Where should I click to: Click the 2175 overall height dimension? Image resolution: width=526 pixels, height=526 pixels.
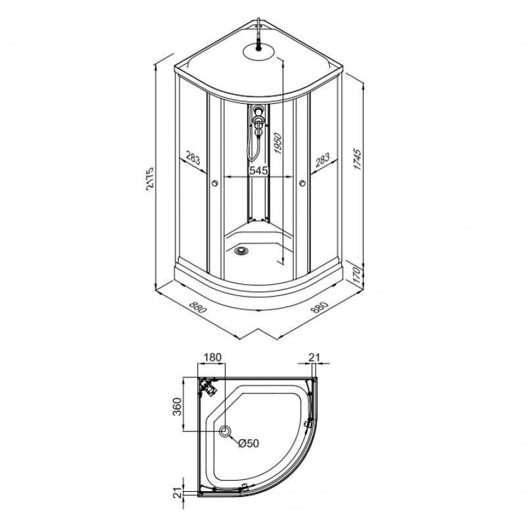coord(151,178)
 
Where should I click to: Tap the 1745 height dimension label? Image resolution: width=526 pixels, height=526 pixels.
coord(358,159)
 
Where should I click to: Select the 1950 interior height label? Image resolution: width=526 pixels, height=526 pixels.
coord(277,143)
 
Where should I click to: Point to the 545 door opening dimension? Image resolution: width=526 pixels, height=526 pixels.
coord(258,170)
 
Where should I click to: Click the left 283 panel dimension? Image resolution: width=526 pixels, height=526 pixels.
coord(193,158)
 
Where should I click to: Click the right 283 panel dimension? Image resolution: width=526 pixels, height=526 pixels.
coord(323,160)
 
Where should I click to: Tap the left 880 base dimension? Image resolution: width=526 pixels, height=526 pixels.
coord(198,307)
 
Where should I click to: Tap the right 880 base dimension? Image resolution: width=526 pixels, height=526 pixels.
coord(320,307)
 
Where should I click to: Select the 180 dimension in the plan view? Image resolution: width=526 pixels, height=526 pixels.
coord(212,357)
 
